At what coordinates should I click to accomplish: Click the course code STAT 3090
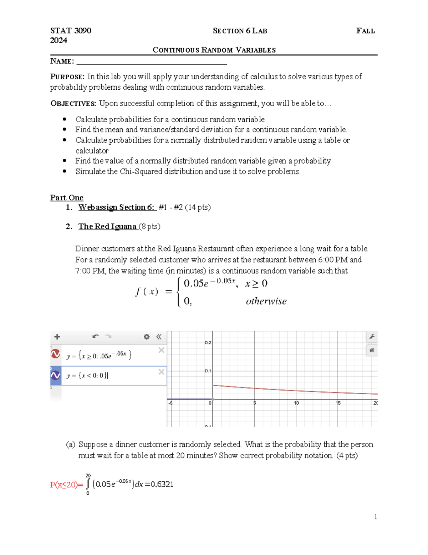click(x=71, y=31)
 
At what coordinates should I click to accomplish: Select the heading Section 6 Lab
click(x=240, y=31)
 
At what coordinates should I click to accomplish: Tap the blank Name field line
click(x=152, y=61)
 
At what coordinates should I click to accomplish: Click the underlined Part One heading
click(x=67, y=198)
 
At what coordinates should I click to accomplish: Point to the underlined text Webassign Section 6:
click(x=117, y=207)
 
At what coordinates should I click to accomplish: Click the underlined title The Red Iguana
click(x=108, y=227)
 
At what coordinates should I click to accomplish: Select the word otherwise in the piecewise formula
click(x=266, y=301)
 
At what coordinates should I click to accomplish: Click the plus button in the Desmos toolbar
click(x=57, y=337)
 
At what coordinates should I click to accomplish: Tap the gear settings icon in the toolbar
click(x=147, y=337)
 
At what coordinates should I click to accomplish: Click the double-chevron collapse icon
click(x=159, y=337)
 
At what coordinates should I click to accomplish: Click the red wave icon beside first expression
click(x=56, y=354)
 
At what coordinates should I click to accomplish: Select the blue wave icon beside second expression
click(x=56, y=375)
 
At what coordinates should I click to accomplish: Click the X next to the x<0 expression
click(x=161, y=372)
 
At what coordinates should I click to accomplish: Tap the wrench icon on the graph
click(x=372, y=337)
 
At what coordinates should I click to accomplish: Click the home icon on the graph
click(x=372, y=350)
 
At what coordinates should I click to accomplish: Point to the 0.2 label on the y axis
click(x=208, y=343)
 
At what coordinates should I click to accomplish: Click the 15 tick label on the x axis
click(x=338, y=403)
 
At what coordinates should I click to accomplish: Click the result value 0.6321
click(x=162, y=484)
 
